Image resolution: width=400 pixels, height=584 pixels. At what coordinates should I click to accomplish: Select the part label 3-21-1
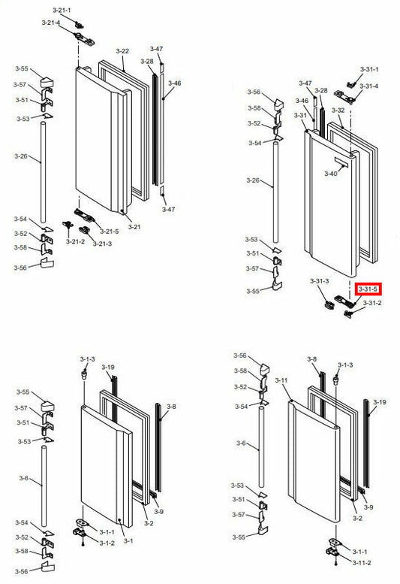pyautogui.click(x=62, y=10)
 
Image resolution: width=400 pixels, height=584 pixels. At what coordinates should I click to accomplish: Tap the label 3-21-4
pyautogui.click(x=51, y=23)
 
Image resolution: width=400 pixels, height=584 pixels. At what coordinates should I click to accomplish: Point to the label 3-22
pyautogui.click(x=122, y=51)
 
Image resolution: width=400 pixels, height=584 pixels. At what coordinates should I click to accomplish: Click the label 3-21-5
pyautogui.click(x=110, y=231)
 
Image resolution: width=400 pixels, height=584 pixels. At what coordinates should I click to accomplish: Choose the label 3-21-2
pyautogui.click(x=74, y=241)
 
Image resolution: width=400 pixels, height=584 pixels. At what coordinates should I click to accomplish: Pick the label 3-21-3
pyautogui.click(x=101, y=243)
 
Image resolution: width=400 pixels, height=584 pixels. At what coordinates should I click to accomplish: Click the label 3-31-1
pyautogui.click(x=369, y=69)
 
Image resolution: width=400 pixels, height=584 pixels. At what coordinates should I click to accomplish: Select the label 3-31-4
pyautogui.click(x=369, y=86)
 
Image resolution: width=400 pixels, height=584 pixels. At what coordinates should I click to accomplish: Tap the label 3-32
pyautogui.click(x=338, y=110)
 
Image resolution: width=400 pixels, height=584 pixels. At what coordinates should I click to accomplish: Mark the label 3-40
pyautogui.click(x=331, y=174)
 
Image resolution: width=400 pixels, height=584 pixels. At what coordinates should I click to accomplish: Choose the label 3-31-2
pyautogui.click(x=372, y=303)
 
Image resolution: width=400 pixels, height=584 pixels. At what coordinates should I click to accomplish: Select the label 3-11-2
pyautogui.click(x=362, y=562)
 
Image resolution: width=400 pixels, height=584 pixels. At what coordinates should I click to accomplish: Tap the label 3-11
pyautogui.click(x=281, y=381)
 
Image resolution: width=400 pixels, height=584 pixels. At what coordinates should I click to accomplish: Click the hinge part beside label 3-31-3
pyautogui.click(x=330, y=304)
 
